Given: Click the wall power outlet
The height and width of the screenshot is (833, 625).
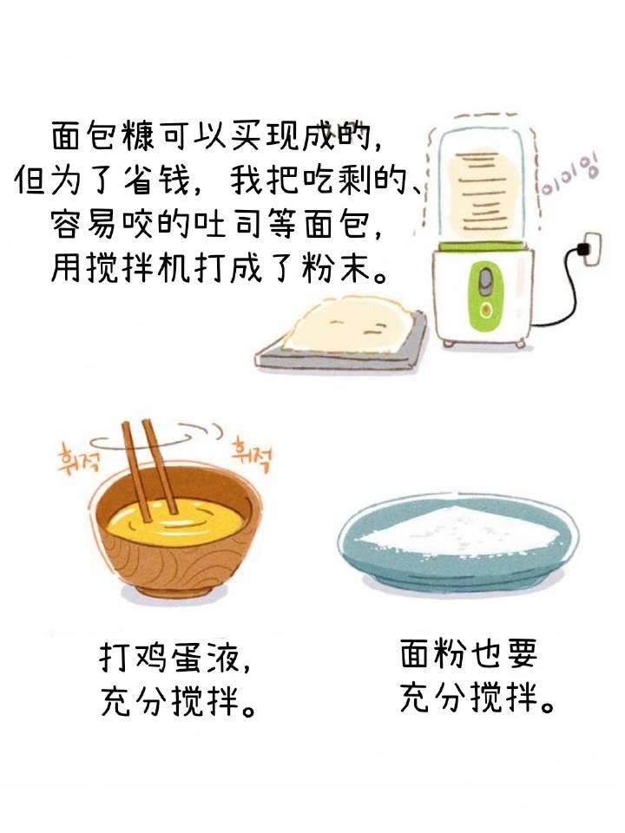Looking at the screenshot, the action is [x=591, y=249].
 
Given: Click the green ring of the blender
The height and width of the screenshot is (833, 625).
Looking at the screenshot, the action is [x=482, y=246].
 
